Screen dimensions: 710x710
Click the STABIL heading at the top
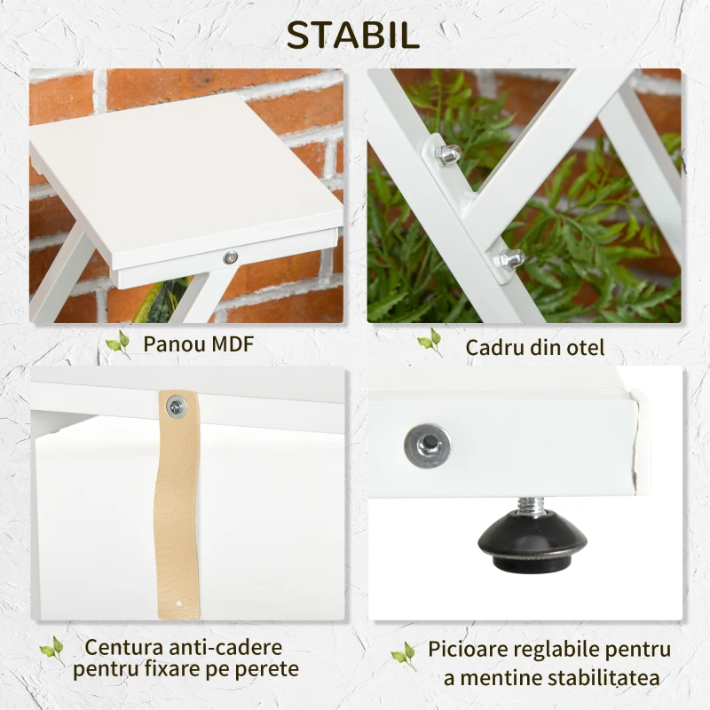tap(353, 35)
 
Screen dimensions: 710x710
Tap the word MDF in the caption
tap(233, 344)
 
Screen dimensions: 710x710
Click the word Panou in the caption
tap(175, 344)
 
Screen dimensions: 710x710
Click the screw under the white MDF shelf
tap(231, 257)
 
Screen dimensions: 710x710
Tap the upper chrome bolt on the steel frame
tap(446, 154)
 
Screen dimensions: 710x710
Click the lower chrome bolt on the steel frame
tap(511, 259)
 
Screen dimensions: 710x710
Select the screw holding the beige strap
tap(177, 406)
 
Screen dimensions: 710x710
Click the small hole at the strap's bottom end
tap(179, 603)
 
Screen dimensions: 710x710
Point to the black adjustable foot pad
tap(532, 540)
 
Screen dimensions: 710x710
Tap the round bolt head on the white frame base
tap(427, 446)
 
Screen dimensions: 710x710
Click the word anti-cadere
tap(225, 648)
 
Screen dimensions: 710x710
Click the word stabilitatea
tap(603, 678)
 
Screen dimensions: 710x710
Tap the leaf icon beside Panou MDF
tap(119, 344)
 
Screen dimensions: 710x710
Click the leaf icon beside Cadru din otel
tap(430, 342)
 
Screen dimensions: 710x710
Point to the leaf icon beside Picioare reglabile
tap(404, 655)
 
